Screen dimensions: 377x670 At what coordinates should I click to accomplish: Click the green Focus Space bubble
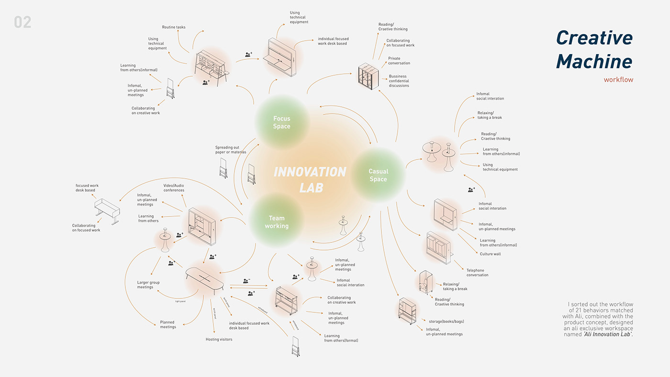(x=281, y=122)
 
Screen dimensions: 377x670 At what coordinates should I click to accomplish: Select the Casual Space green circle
(x=378, y=175)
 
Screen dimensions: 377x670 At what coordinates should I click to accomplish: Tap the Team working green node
(x=276, y=222)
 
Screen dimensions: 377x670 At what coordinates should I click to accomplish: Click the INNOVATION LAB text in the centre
(x=310, y=179)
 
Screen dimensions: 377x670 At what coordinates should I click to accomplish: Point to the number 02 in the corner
(x=22, y=22)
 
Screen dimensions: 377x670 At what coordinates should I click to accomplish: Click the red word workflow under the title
(x=618, y=80)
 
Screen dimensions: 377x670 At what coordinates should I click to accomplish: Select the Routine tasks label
(x=174, y=27)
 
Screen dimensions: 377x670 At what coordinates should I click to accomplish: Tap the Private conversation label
(x=399, y=61)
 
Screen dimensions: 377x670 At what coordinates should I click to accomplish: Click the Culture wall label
(x=490, y=254)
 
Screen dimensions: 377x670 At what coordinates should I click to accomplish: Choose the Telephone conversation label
(x=477, y=273)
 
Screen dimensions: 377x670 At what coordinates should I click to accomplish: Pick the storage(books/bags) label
(x=443, y=321)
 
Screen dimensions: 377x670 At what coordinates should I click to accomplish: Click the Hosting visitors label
(x=219, y=339)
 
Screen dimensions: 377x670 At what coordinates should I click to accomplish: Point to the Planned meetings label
(x=167, y=324)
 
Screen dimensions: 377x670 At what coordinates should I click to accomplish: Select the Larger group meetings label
(x=148, y=285)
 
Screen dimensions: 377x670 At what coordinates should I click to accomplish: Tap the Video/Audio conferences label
(x=174, y=188)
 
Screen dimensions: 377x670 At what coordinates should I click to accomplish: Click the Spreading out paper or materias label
(x=230, y=150)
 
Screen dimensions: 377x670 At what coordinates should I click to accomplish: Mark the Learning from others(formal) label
(x=341, y=338)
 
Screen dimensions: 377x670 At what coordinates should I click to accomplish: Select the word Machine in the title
(x=594, y=61)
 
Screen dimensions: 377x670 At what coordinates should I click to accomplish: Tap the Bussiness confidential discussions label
(x=399, y=81)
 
